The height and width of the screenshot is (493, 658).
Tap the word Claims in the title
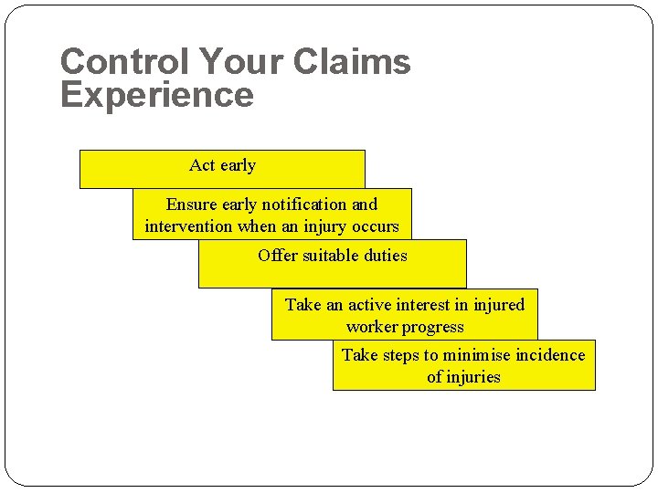coord(352,62)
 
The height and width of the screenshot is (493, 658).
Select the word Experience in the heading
coord(156,95)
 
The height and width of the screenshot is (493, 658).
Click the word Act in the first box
coord(202,165)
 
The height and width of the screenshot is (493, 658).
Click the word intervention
coord(188,226)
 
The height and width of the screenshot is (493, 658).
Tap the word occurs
coord(375,226)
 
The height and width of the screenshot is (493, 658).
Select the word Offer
coord(277,256)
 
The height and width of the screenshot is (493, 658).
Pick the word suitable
coord(332,256)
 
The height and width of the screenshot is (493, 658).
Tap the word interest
coord(433,305)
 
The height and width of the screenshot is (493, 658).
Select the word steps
coord(401,355)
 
